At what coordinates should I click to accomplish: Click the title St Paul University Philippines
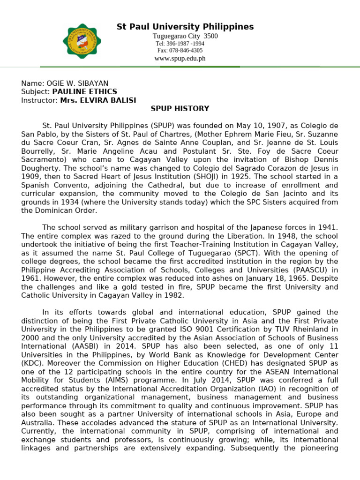[185, 27]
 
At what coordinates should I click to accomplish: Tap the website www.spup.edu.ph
[180, 59]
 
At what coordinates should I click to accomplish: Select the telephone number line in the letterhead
[180, 44]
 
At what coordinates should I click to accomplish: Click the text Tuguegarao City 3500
[185, 37]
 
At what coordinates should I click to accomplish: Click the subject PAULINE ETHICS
[85, 91]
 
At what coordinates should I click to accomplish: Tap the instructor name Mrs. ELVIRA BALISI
[98, 100]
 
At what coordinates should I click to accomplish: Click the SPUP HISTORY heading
[180, 109]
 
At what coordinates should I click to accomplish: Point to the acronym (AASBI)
[82, 345]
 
